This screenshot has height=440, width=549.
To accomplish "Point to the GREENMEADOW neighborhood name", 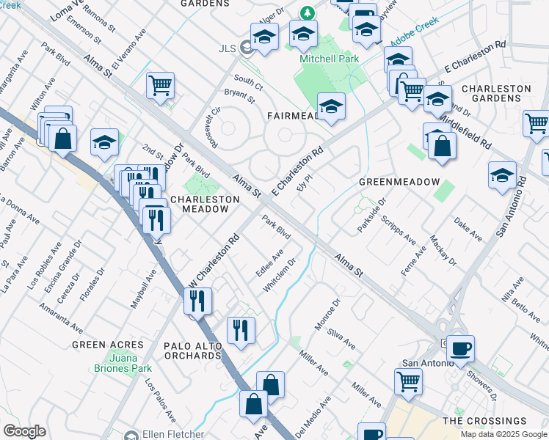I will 399,182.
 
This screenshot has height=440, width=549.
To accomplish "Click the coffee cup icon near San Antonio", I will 460,348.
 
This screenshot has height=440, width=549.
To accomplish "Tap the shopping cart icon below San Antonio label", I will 408,380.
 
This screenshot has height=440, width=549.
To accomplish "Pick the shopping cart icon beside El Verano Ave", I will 159,84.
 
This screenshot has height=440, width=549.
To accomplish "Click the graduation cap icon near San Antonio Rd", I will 502,175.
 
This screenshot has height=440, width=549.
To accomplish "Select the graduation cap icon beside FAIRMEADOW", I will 331,106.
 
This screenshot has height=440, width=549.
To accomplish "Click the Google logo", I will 25,431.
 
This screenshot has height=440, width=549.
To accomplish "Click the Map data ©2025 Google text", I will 503,434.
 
